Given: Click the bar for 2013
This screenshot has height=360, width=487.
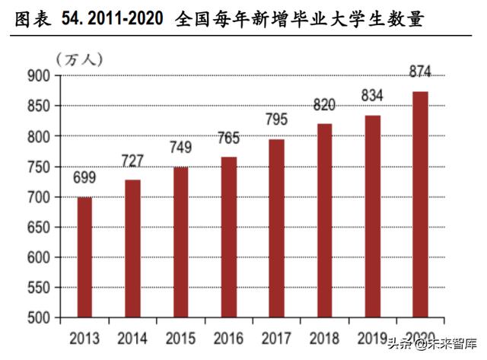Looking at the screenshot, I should click(x=85, y=257).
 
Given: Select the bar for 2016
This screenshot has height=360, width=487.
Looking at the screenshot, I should click(x=229, y=237).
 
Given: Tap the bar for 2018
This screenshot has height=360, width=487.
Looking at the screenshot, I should click(x=324, y=221).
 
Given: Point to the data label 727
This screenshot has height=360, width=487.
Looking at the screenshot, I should click(x=133, y=161).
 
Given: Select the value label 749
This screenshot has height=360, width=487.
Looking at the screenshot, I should click(x=180, y=148).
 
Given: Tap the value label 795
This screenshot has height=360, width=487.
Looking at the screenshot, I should click(x=276, y=119).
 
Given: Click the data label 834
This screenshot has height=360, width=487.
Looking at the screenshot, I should click(x=372, y=97).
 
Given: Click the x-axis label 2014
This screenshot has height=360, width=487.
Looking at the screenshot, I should click(x=133, y=337).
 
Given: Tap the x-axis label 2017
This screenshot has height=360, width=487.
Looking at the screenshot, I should click(x=276, y=337).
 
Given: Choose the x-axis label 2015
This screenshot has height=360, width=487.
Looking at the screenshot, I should click(x=180, y=337).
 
